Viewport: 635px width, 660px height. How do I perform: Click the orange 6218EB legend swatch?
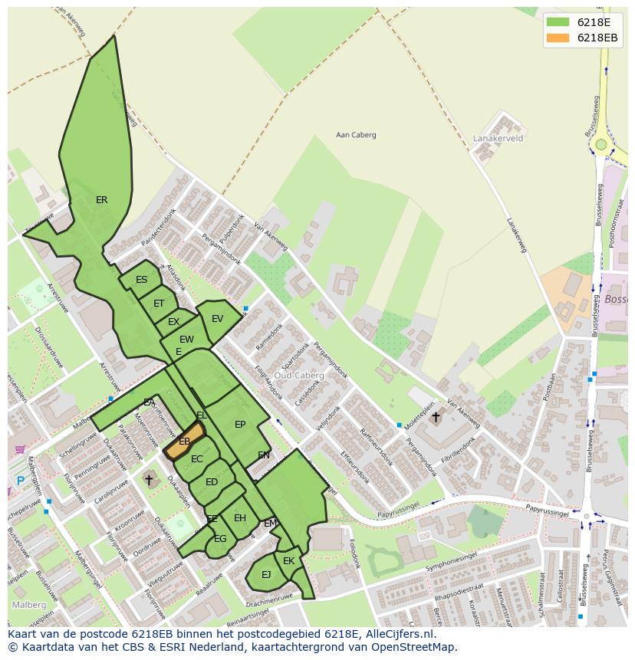tap(558, 38)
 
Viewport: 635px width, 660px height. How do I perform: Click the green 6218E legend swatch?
tap(558, 22)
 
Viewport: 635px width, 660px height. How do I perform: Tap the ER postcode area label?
tap(101, 200)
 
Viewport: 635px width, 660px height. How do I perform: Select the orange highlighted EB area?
tap(184, 441)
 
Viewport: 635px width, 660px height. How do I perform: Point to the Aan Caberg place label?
tap(356, 135)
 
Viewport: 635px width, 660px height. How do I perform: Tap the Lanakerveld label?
tap(498, 139)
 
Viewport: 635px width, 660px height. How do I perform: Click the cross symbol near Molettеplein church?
tap(436, 417)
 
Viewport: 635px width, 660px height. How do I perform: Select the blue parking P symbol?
tap(20, 481)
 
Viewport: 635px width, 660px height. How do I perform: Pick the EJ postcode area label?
tap(266, 574)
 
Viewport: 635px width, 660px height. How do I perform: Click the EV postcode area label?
tap(217, 319)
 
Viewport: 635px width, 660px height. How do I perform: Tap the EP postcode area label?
tap(240, 425)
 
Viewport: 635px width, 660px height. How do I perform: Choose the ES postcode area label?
tap(141, 280)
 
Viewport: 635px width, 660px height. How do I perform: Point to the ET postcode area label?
tap(159, 304)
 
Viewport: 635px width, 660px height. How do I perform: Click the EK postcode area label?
tap(288, 561)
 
